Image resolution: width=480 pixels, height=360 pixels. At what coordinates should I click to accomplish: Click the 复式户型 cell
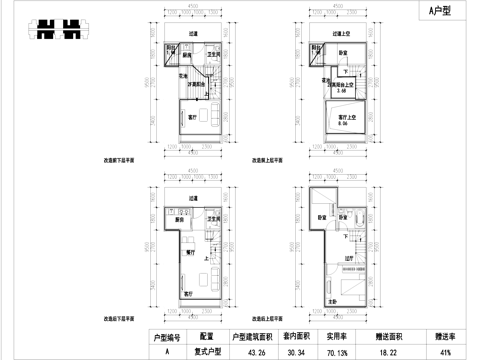point(206,351)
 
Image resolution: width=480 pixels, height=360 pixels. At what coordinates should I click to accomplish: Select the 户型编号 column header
point(166,337)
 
